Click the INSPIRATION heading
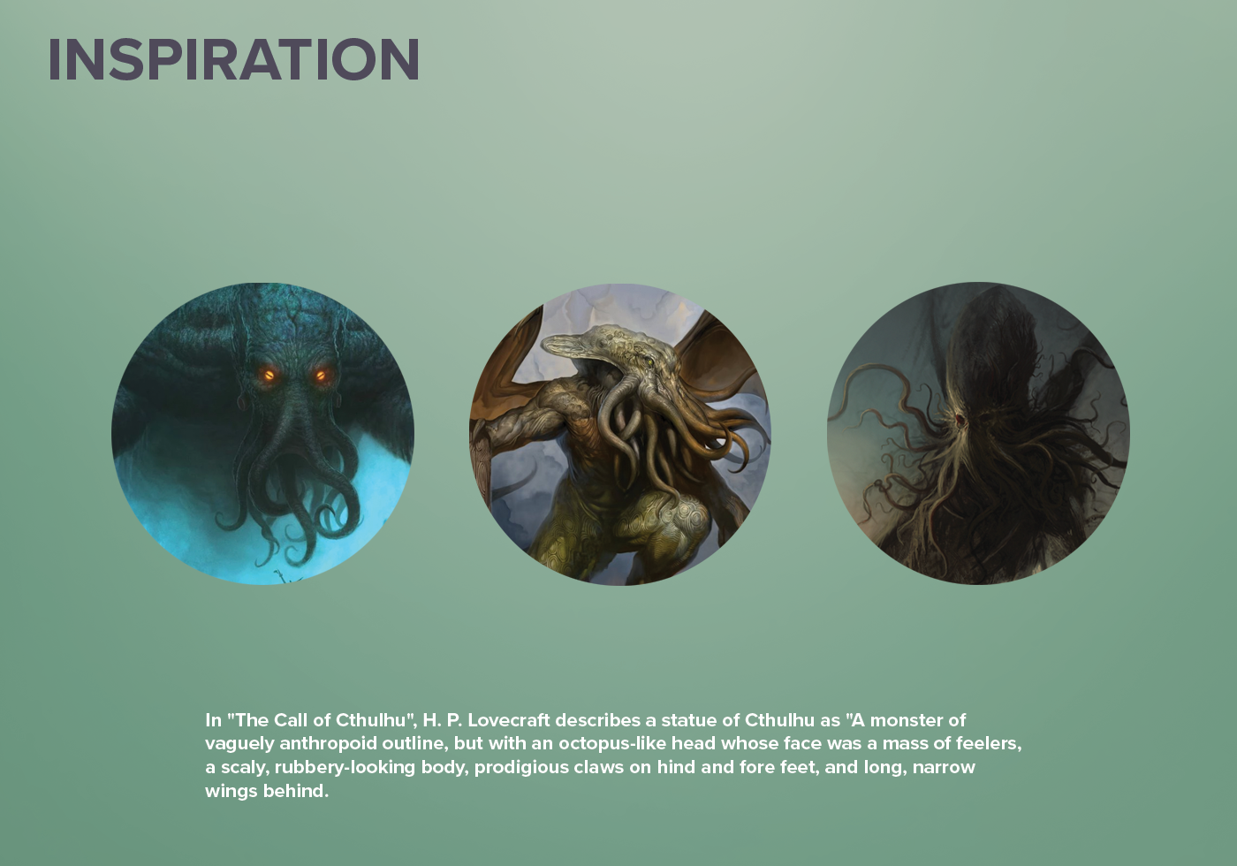click(233, 60)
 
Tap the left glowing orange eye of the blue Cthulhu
click(269, 376)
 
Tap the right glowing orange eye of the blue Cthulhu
click(320, 376)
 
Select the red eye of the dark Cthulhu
click(960, 419)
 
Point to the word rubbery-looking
click(345, 768)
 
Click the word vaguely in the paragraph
click(239, 744)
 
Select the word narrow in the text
click(944, 768)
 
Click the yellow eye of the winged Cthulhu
click(650, 361)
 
